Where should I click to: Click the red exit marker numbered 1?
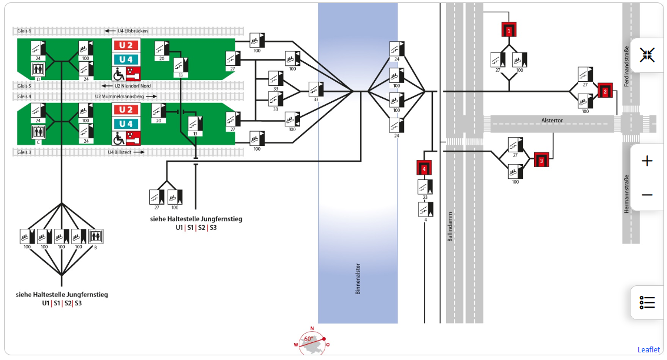509,29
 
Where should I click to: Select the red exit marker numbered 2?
605,91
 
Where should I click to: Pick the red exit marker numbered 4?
424,168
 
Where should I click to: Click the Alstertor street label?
552,120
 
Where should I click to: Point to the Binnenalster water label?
358,279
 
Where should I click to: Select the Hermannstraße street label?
627,194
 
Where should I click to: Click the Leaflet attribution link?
648,349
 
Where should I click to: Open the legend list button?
647,303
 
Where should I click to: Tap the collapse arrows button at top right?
647,55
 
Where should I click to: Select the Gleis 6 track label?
25,31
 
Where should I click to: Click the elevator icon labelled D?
38,70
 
